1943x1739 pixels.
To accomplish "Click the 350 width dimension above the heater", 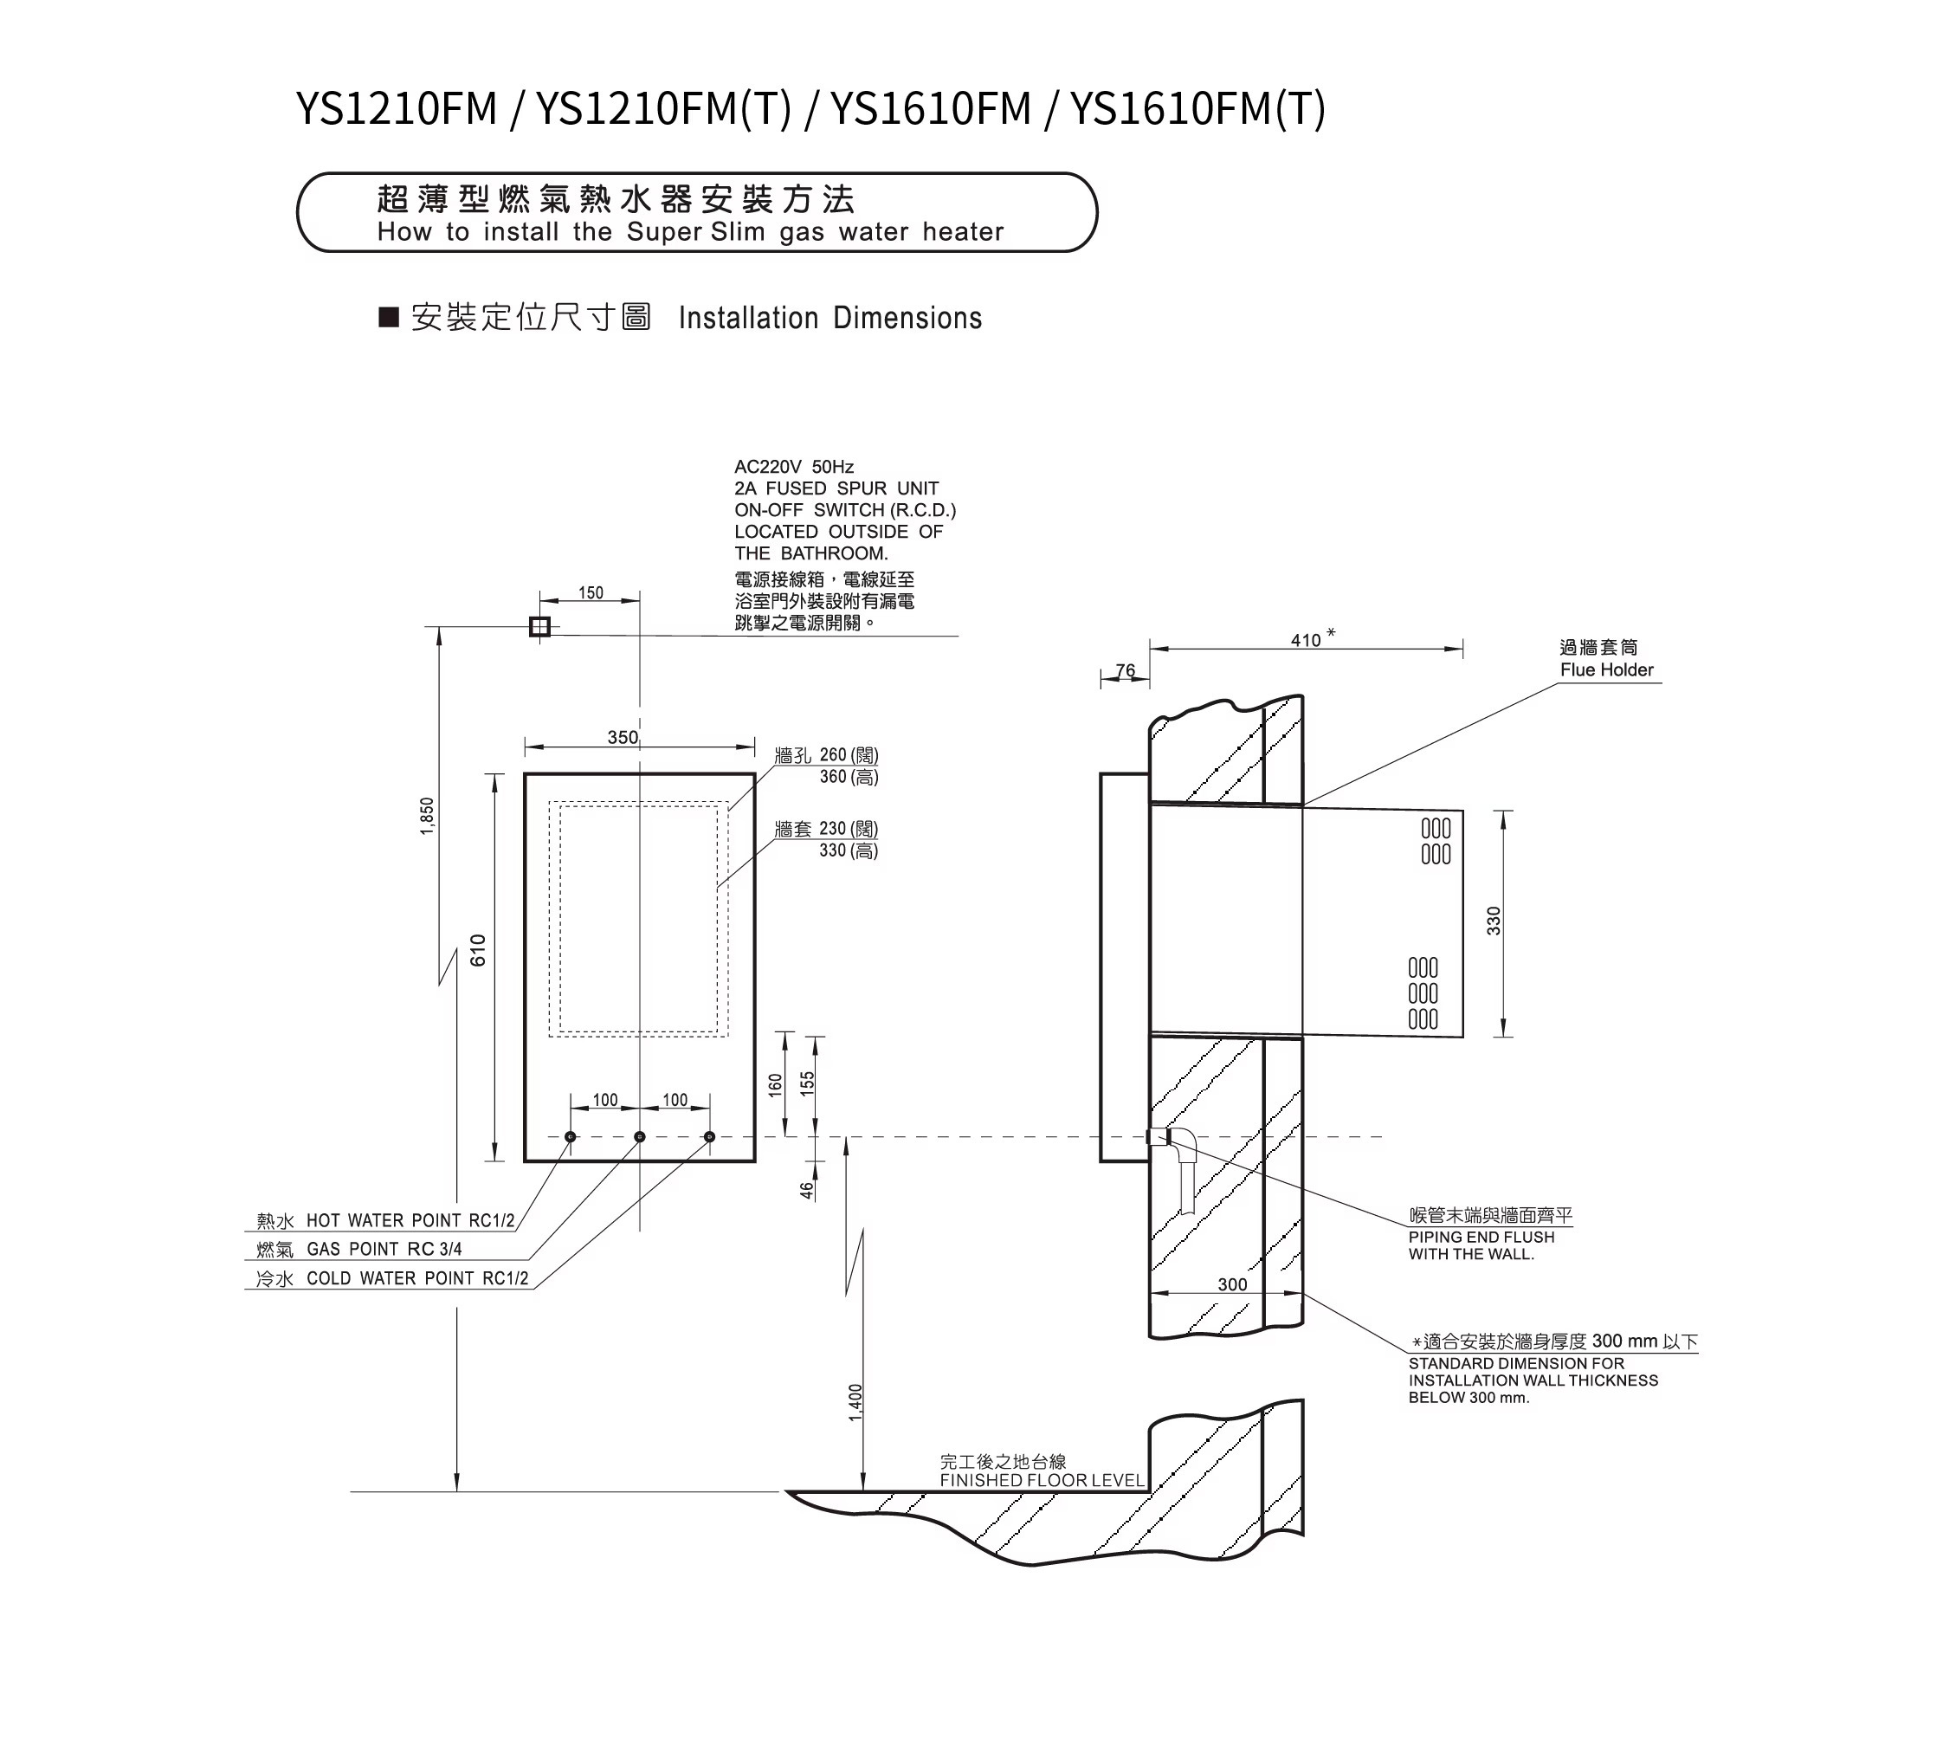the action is tap(623, 738).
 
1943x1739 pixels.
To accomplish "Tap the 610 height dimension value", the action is tap(479, 950).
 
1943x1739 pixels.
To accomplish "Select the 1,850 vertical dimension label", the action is tap(427, 816).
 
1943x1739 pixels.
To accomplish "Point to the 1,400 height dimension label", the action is tap(856, 1402).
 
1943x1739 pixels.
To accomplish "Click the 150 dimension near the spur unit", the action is tap(591, 593).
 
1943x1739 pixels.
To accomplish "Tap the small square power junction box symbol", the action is tap(539, 627).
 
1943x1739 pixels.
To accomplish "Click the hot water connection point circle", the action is tap(571, 1137).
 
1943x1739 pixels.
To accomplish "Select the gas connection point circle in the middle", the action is tap(640, 1137).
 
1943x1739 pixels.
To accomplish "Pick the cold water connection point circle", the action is tap(709, 1137).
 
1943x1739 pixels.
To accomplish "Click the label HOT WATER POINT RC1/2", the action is tap(410, 1220).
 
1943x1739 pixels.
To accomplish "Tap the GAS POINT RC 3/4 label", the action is tap(384, 1249).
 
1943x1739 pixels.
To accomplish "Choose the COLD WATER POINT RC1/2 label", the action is tap(417, 1278).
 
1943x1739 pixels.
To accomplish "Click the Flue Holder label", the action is tap(1607, 669).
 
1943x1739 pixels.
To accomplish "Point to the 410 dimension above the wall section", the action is tap(1306, 640).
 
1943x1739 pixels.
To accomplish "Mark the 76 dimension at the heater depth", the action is tap(1126, 671).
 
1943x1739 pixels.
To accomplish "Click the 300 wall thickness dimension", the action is tap(1232, 1284).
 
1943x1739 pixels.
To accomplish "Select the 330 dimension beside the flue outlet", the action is tap(1494, 921).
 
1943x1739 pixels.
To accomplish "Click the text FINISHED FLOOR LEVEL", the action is tap(1043, 1480).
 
